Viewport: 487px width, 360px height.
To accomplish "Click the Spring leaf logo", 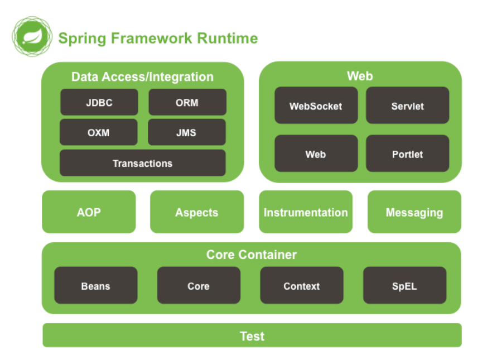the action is coord(32,36).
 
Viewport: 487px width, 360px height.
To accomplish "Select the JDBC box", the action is coord(99,102).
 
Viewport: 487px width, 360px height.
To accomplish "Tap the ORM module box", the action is coord(187,102).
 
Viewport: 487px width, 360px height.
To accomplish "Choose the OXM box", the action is coord(98,132).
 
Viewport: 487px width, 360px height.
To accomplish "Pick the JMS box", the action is coord(187,132).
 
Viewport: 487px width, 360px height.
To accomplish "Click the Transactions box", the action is coord(143,163).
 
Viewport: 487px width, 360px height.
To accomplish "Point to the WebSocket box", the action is coord(316,105).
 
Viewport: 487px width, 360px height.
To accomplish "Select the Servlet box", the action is coord(407,105).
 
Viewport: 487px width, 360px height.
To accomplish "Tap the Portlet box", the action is coord(407,153).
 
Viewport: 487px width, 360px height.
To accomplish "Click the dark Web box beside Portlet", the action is coord(316,153).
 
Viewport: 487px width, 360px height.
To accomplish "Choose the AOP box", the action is coord(89,212).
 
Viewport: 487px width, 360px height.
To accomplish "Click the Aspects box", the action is coord(197,212).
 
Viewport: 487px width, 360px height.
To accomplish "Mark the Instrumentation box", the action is coord(306,212).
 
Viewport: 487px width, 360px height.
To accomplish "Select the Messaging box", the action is coord(414,212).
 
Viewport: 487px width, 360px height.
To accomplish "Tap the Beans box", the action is coord(95,285).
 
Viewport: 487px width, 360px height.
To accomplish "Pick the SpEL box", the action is coord(404,285).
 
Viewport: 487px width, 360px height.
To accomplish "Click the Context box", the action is coord(302,285).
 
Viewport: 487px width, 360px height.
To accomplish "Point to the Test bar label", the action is coord(252,336).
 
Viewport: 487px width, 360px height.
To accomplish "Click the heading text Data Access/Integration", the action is coord(143,77).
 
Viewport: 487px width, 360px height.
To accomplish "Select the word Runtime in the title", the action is coord(228,39).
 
